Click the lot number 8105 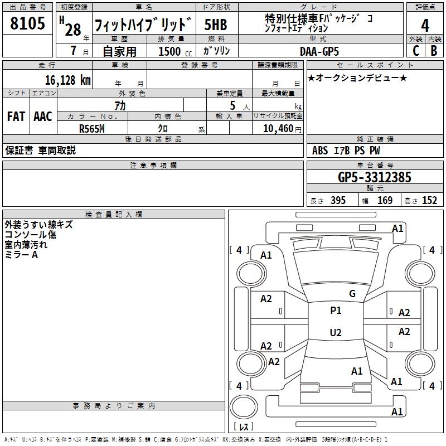pos(28,25)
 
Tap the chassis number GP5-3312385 pos(375,178)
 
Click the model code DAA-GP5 pos(319,51)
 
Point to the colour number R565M pos(92,128)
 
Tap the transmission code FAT pos(16,117)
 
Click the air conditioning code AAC pos(43,117)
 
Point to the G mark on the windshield pos(352,294)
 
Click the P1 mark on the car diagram pos(336,311)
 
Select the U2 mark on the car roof pos(336,333)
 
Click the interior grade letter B pos(434,51)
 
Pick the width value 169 pos(385,201)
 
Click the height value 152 pos(429,201)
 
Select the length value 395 pos(338,201)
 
